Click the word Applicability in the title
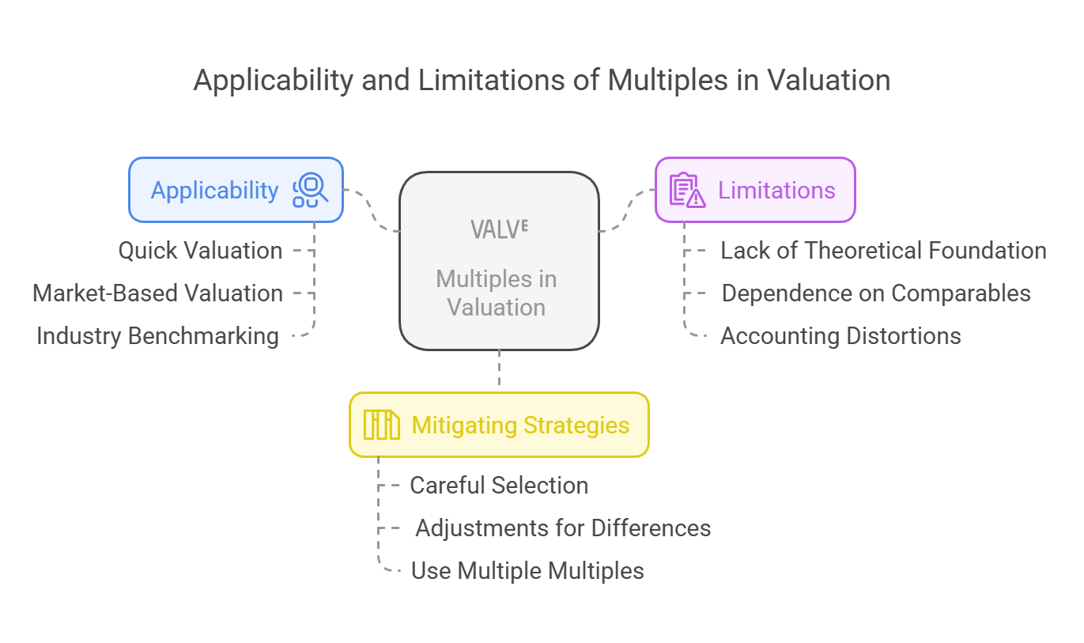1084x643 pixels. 274,81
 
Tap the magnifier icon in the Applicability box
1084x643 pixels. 310,190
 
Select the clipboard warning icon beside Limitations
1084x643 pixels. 687,190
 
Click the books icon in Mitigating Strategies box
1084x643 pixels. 382,425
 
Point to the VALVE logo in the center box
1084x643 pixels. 499,229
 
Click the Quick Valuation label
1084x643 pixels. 200,251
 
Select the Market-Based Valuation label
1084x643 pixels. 158,293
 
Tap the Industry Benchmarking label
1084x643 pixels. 158,336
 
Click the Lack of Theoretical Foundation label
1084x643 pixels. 884,251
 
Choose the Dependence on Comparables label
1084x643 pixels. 876,293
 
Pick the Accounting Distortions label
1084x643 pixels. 840,336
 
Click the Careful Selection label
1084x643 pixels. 499,485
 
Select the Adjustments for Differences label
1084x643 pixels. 563,528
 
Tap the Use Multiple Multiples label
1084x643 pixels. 527,570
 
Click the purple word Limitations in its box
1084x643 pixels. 776,190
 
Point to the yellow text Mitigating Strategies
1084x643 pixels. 520,426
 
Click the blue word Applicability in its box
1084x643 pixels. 215,191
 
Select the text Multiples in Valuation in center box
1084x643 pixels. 497,293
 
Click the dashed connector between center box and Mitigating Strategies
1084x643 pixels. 500,368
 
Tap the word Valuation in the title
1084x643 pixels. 829,81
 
